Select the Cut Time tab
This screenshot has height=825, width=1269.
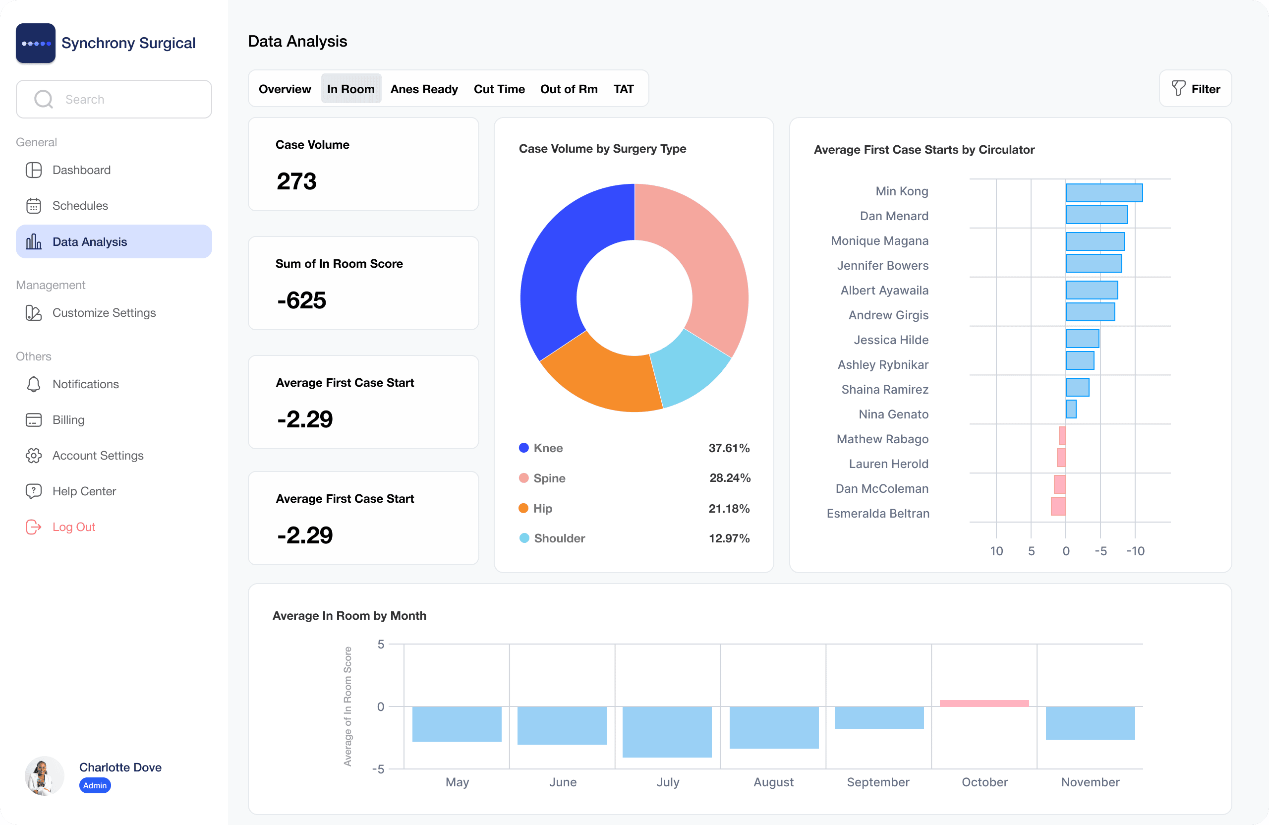499,89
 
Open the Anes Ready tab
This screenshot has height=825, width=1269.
423,89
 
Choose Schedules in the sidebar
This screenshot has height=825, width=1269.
79,205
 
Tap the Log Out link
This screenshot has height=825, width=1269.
73,527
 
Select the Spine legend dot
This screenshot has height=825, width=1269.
523,478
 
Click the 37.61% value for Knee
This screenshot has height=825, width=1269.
728,448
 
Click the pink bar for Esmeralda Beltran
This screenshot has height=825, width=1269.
1058,506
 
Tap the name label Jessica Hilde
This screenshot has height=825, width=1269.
890,340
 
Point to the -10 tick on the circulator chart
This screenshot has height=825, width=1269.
1135,551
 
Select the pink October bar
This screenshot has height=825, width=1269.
984,704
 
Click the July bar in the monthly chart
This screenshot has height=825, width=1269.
667,732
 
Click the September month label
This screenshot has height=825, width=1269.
877,782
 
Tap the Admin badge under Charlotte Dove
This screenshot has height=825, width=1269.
95,785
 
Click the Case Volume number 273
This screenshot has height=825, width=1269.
296,181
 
